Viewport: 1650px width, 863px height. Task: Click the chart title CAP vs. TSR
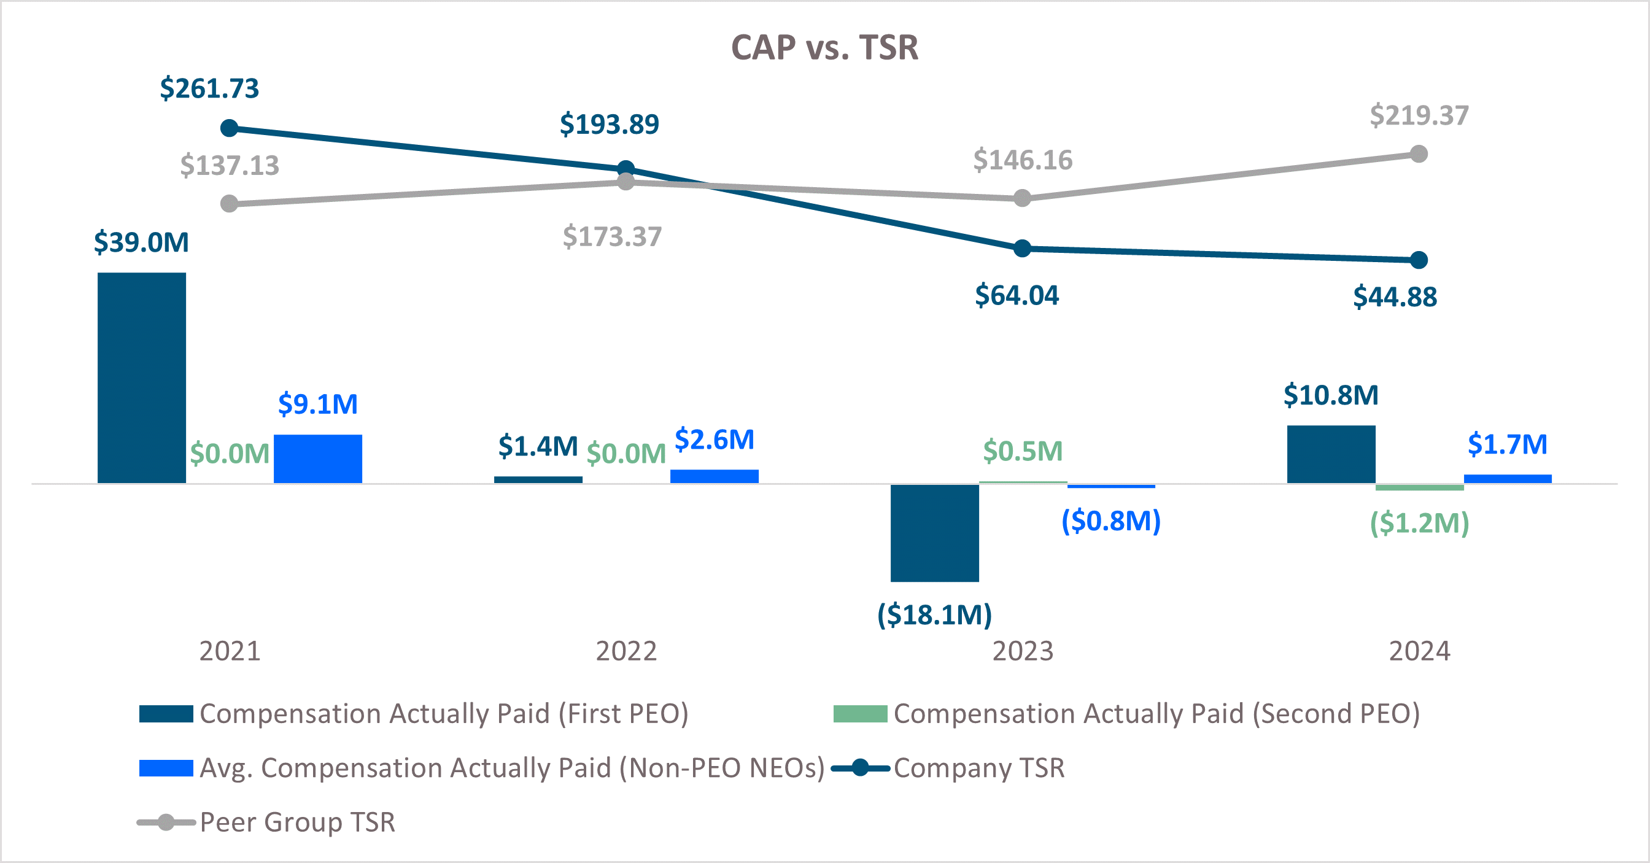[x=824, y=47]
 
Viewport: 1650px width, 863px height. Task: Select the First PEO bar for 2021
[x=142, y=377]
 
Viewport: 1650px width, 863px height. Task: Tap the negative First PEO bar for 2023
[x=934, y=532]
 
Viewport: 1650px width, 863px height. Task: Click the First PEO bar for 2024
[x=1331, y=454]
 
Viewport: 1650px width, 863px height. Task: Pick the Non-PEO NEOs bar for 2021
[x=318, y=458]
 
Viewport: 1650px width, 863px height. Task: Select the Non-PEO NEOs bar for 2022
[x=714, y=476]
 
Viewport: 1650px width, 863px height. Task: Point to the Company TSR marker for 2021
[x=230, y=128]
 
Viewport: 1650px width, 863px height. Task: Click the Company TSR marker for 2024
[x=1419, y=260]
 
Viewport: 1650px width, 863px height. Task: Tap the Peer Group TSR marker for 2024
[x=1419, y=154]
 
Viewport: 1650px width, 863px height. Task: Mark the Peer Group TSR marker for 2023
[x=1022, y=198]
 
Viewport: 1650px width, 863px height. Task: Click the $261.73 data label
[x=209, y=88]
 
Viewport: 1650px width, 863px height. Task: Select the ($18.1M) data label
[x=934, y=614]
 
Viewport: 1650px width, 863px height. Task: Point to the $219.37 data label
[x=1419, y=115]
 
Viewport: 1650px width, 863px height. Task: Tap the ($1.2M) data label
[x=1419, y=523]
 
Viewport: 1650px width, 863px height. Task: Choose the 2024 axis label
[x=1419, y=651]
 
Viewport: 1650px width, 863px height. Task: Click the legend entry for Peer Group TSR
[x=297, y=822]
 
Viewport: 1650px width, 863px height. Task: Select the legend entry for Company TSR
[x=978, y=767]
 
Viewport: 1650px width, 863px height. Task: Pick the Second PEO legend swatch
[x=859, y=714]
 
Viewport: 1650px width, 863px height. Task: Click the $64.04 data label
[x=1017, y=295]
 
